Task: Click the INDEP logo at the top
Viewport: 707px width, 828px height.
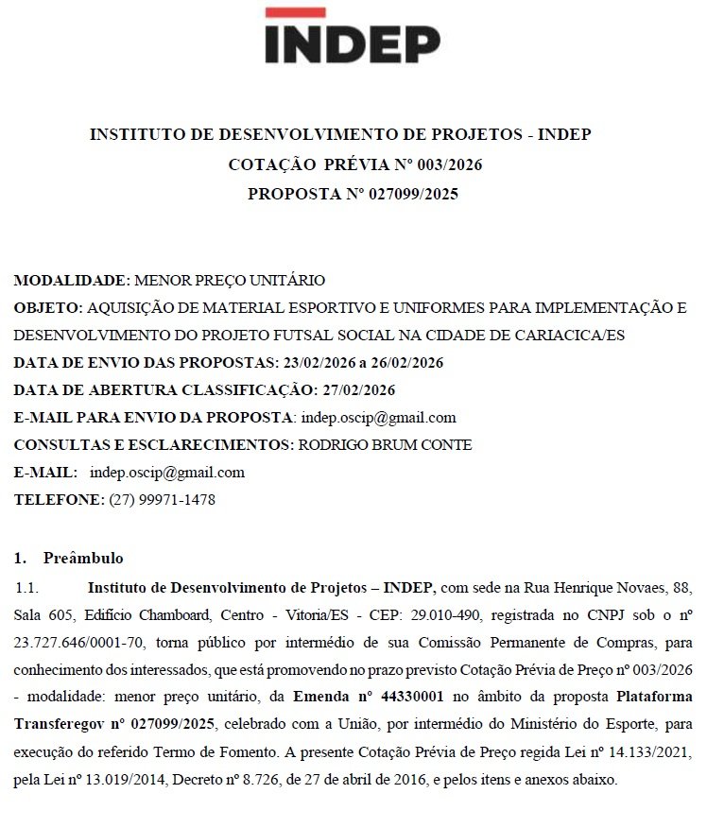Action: tap(352, 43)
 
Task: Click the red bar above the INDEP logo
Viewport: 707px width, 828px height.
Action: tap(296, 12)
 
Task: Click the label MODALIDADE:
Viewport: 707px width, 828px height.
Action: tap(72, 281)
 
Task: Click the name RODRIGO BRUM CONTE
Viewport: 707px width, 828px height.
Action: tap(385, 445)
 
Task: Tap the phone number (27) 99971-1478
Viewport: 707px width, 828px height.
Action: tap(163, 500)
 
